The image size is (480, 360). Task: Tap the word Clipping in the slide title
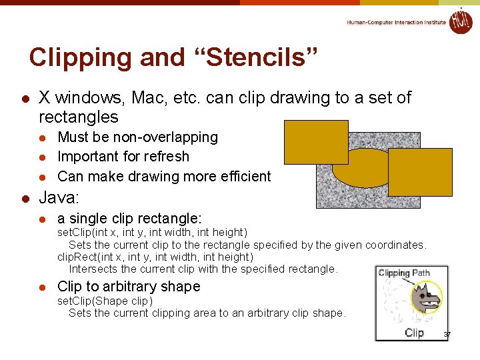(81, 57)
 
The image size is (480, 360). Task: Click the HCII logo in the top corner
(461, 21)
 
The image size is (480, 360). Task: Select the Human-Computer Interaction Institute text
(396, 22)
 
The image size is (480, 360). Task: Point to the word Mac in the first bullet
(151, 98)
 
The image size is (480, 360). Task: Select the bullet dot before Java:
(24, 198)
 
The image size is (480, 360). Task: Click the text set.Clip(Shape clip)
(105, 301)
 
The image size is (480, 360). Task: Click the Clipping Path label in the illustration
(404, 273)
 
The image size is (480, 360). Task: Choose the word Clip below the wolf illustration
(414, 333)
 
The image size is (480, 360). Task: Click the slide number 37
(447, 334)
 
